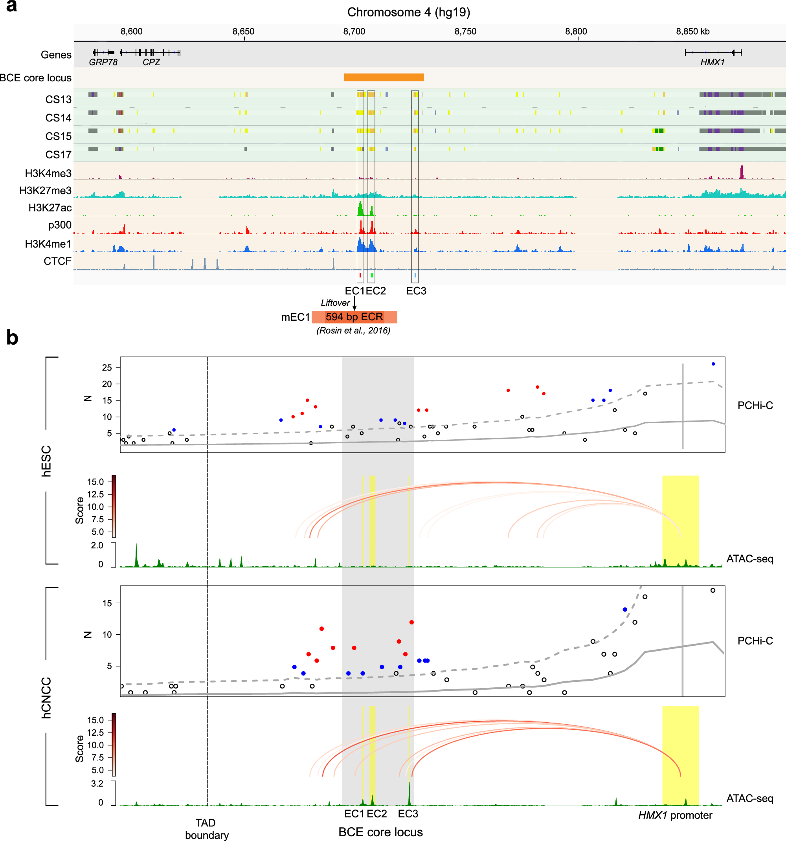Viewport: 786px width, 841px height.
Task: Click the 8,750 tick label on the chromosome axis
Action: point(465,31)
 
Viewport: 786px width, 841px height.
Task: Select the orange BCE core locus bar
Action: point(384,77)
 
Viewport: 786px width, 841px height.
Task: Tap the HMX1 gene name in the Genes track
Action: point(713,62)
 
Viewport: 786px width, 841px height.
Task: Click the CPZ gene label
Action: point(151,62)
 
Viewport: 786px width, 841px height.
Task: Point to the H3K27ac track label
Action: point(50,208)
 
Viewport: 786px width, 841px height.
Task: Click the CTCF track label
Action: point(57,261)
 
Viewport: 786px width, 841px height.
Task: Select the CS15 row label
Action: point(59,136)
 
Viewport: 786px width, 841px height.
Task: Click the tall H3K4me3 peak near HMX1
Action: point(741,173)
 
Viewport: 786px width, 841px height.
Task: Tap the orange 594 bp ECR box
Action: point(354,317)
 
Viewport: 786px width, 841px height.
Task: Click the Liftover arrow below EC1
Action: point(354,303)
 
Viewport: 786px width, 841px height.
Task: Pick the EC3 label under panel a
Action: point(416,291)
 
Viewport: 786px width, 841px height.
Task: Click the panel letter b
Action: point(12,338)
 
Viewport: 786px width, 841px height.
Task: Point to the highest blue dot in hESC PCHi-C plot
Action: point(713,364)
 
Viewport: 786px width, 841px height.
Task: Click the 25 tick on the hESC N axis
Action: point(107,367)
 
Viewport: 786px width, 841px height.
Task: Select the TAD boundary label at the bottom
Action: point(206,829)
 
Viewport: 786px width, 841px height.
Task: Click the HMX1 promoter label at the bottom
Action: point(675,815)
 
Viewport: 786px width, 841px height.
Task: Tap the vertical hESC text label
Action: point(46,461)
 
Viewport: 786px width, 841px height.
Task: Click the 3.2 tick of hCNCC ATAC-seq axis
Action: point(97,784)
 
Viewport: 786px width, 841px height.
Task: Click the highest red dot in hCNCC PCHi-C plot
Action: point(411,622)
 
